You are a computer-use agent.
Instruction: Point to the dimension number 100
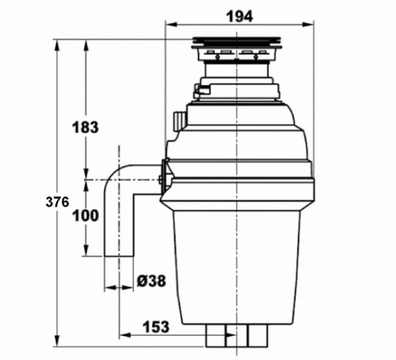point(85,216)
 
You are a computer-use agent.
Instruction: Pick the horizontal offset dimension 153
point(155,326)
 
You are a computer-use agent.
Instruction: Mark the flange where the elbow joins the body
point(164,179)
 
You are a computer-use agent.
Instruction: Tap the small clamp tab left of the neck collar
point(199,87)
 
